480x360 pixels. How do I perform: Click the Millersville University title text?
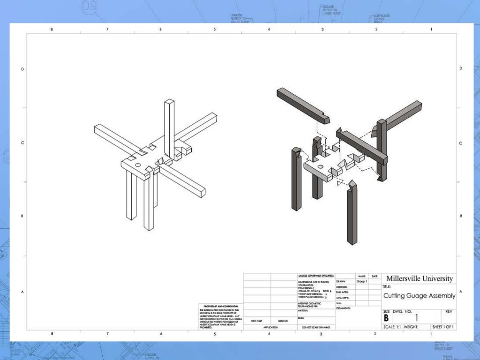pyautogui.click(x=420, y=278)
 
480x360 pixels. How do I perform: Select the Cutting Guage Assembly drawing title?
pyautogui.click(x=419, y=296)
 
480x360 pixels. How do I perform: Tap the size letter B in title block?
pyautogui.click(x=386, y=318)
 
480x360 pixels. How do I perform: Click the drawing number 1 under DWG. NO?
pyautogui.click(x=416, y=318)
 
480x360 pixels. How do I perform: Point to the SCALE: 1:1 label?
pyautogui.click(x=392, y=327)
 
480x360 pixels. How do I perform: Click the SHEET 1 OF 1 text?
pyautogui.click(x=443, y=327)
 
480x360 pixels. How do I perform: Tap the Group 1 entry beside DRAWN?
pyautogui.click(x=361, y=281)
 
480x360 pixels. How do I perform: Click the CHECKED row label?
pyautogui.click(x=341, y=287)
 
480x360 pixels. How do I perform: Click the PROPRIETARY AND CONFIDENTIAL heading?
pyautogui.click(x=219, y=306)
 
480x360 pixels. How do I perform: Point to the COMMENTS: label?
pyautogui.click(x=343, y=308)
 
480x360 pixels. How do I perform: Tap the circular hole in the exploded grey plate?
pyautogui.click(x=320, y=166)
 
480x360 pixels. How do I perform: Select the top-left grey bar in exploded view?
pyautogui.click(x=302, y=103)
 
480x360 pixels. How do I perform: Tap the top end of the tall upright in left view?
pyautogui.click(x=169, y=102)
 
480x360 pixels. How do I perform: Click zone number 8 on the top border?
pyautogui.click(x=52, y=29)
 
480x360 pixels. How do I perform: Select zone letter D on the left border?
pyautogui.click(x=22, y=69)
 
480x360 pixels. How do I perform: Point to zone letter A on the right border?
pyautogui.click(x=461, y=292)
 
